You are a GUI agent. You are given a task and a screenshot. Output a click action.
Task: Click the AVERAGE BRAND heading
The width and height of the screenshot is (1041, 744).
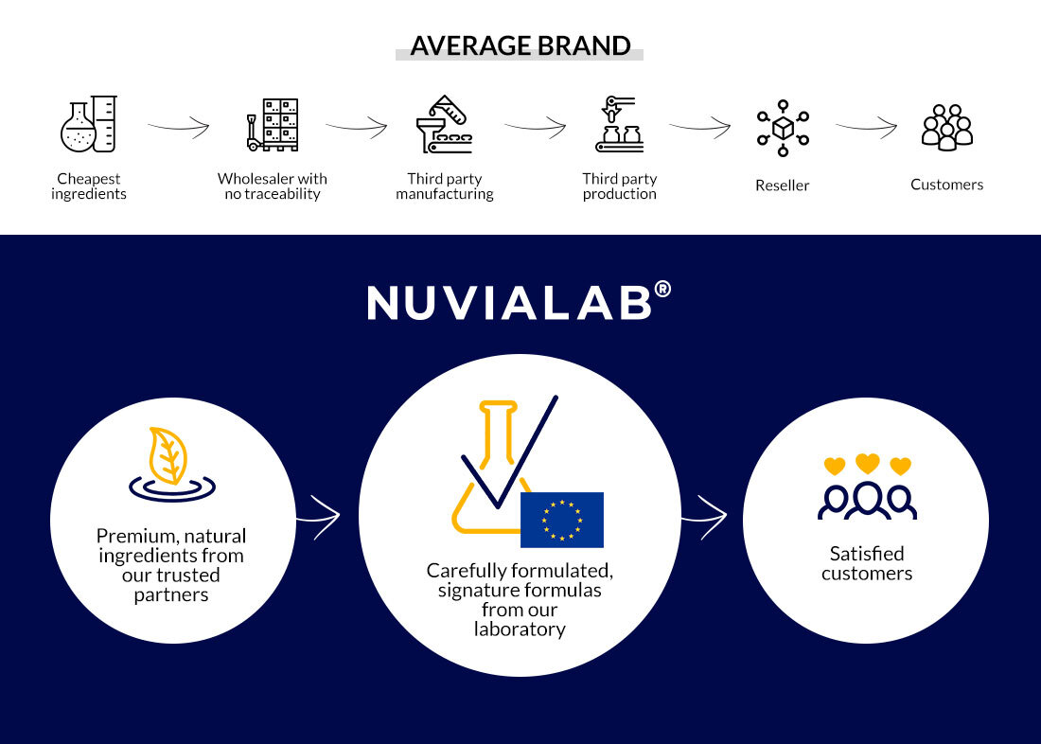click(x=520, y=45)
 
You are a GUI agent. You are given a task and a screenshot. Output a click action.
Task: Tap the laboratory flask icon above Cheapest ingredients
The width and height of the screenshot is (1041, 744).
click(x=89, y=124)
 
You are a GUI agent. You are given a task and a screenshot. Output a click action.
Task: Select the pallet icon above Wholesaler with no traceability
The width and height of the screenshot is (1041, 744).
click(x=273, y=125)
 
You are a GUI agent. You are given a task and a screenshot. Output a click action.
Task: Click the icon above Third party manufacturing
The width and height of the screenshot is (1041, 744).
click(x=445, y=124)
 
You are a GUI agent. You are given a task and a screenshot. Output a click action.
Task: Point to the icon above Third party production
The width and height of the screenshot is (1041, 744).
click(x=620, y=124)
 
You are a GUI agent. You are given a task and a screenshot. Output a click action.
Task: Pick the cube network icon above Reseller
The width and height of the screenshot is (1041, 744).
click(x=783, y=128)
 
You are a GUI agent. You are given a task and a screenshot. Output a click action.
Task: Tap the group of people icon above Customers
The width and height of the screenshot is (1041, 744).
click(x=946, y=128)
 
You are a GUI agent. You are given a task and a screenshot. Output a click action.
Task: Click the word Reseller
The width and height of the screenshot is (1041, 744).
click(x=782, y=186)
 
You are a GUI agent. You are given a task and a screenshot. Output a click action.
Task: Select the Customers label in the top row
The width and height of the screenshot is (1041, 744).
click(x=946, y=185)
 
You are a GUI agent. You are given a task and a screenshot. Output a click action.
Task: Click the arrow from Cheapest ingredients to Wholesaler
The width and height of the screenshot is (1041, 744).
click(x=178, y=126)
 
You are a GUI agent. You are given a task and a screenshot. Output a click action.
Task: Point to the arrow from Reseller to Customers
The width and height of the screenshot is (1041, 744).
click(x=866, y=126)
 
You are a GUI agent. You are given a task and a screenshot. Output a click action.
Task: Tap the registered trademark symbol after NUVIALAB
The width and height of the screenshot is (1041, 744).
click(x=662, y=290)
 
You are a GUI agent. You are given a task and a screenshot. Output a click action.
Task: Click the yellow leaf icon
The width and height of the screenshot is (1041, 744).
click(x=168, y=455)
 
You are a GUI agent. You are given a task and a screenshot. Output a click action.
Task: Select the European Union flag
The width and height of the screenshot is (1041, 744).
click(x=561, y=520)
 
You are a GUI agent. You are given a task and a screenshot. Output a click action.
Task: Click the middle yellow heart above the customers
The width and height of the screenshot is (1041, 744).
click(x=867, y=463)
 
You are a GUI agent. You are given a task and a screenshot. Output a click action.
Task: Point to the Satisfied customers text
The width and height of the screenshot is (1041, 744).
click(x=866, y=563)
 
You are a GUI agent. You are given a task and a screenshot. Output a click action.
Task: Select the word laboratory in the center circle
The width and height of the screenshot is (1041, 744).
click(x=520, y=629)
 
